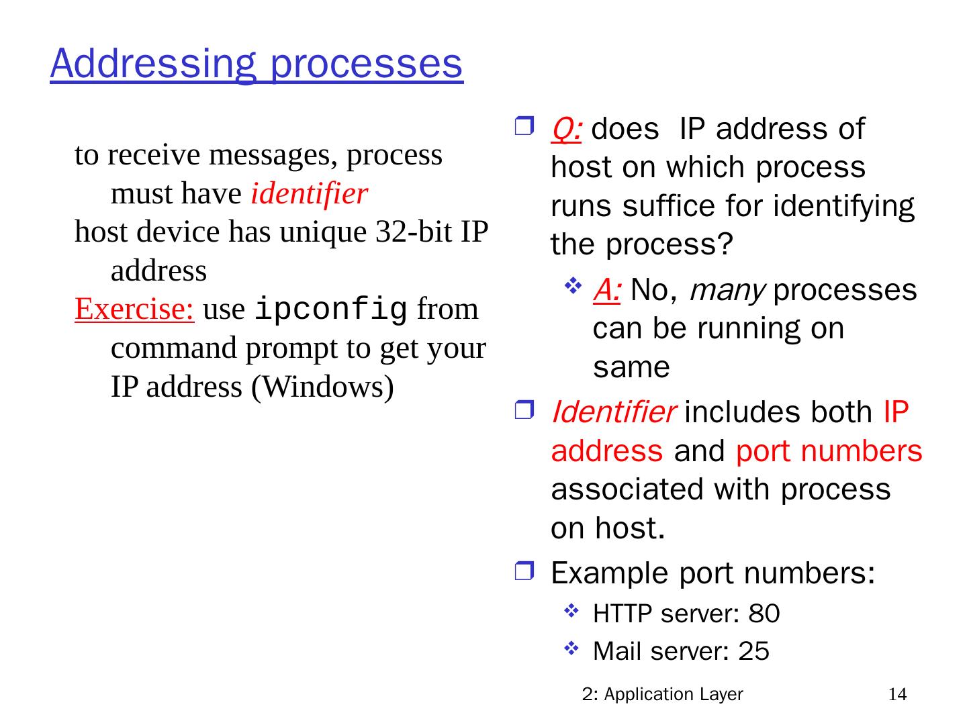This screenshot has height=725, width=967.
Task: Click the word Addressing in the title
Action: tap(152, 64)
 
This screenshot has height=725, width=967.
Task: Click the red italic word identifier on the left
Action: tap(309, 194)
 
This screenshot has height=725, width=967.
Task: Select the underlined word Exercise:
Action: tap(134, 309)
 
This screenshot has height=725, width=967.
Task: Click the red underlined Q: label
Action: tap(565, 129)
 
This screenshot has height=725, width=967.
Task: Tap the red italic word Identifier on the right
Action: tap(613, 412)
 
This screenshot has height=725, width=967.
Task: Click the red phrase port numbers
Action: tap(829, 451)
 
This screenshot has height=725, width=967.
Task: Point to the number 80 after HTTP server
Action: tap(764, 614)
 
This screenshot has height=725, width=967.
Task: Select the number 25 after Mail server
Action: tap(753, 651)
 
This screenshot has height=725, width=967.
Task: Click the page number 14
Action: tap(897, 694)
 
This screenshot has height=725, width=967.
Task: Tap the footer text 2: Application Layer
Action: tap(663, 694)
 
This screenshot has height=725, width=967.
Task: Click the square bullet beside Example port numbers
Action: tap(523, 573)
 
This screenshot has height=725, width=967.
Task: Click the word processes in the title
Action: tap(367, 64)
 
